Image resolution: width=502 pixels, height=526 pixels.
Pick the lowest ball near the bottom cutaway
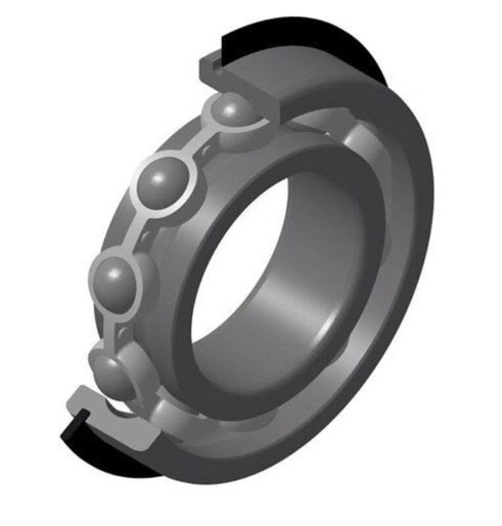tap(112, 371)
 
